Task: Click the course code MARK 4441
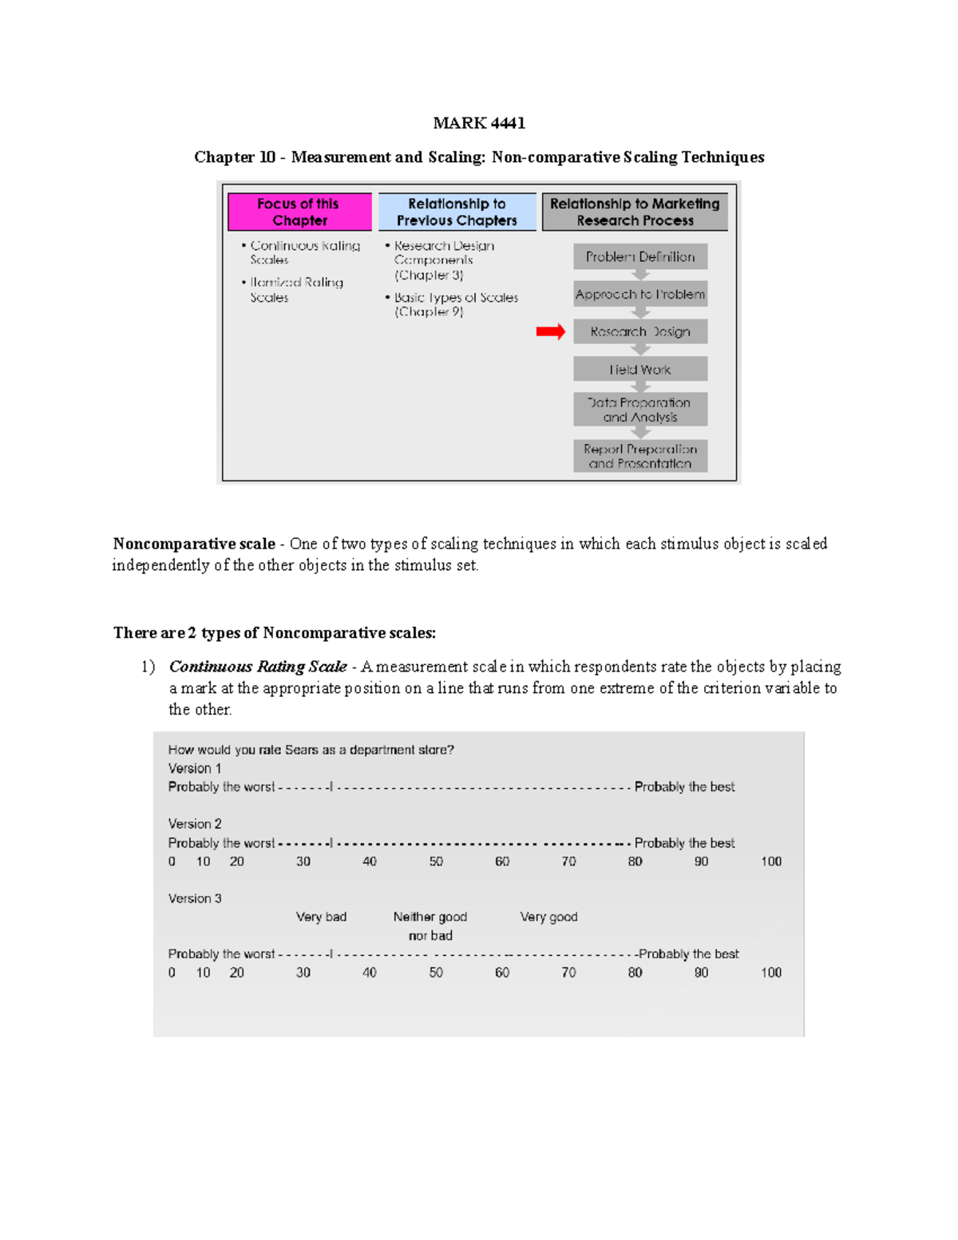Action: pyautogui.click(x=479, y=123)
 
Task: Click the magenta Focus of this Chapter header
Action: pyautogui.click(x=299, y=212)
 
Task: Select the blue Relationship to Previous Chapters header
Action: pyautogui.click(x=457, y=212)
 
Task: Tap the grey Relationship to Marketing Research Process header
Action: pyautogui.click(x=635, y=212)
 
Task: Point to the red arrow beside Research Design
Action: pyautogui.click(x=550, y=331)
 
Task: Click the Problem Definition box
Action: pyautogui.click(x=640, y=257)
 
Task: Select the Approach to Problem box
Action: pyautogui.click(x=640, y=295)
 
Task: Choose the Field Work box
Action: pyautogui.click(x=640, y=370)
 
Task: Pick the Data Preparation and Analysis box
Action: pyautogui.click(x=640, y=410)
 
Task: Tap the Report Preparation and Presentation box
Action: pyautogui.click(x=640, y=456)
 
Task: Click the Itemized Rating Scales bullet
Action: pyautogui.click(x=295, y=290)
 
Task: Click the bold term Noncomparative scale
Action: pyautogui.click(x=194, y=544)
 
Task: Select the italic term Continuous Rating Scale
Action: pyautogui.click(x=258, y=667)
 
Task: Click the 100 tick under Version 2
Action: pyautogui.click(x=770, y=862)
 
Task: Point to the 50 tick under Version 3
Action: pyautogui.click(x=436, y=973)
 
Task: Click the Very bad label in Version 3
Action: pyautogui.click(x=321, y=917)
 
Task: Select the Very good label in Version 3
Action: pyautogui.click(x=548, y=917)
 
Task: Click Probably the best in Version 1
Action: pyautogui.click(x=684, y=786)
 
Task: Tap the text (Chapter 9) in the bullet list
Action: pyautogui.click(x=429, y=311)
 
